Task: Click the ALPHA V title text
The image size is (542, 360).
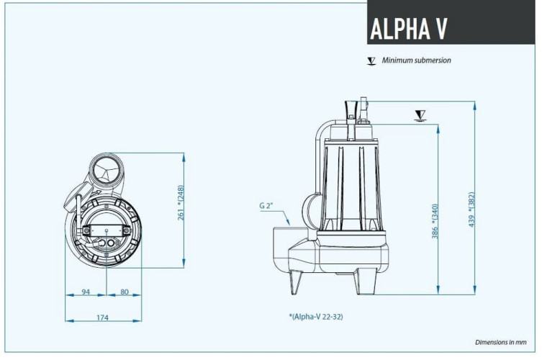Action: pos(408,28)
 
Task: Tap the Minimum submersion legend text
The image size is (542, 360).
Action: pos(416,60)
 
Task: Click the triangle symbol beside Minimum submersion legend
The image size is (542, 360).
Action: pos(371,61)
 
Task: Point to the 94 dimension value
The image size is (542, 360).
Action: pos(86,292)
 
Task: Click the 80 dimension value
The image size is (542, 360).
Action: pos(124,292)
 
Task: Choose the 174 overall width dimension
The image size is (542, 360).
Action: pos(102,318)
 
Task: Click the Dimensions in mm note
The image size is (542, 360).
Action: pos(500,342)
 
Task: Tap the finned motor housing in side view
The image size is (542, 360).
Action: pos(353,180)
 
